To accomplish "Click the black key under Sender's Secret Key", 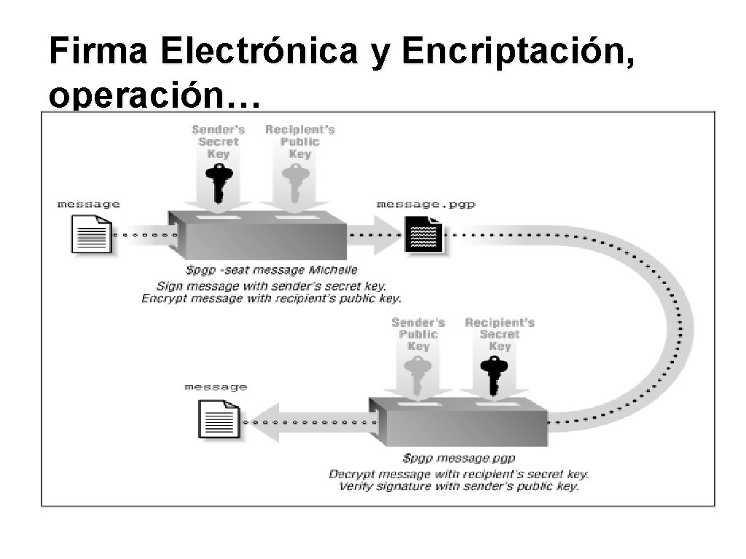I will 217,182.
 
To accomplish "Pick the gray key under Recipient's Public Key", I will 296,182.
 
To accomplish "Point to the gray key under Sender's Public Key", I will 417,374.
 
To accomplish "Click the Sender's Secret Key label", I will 219,141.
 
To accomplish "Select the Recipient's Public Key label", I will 300,141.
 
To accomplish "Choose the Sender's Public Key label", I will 418,334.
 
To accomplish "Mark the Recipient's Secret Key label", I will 500,334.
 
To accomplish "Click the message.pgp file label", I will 426,205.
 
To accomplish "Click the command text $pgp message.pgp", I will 459,459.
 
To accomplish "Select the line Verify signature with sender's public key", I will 459,486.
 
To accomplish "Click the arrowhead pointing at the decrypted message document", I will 264,422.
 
